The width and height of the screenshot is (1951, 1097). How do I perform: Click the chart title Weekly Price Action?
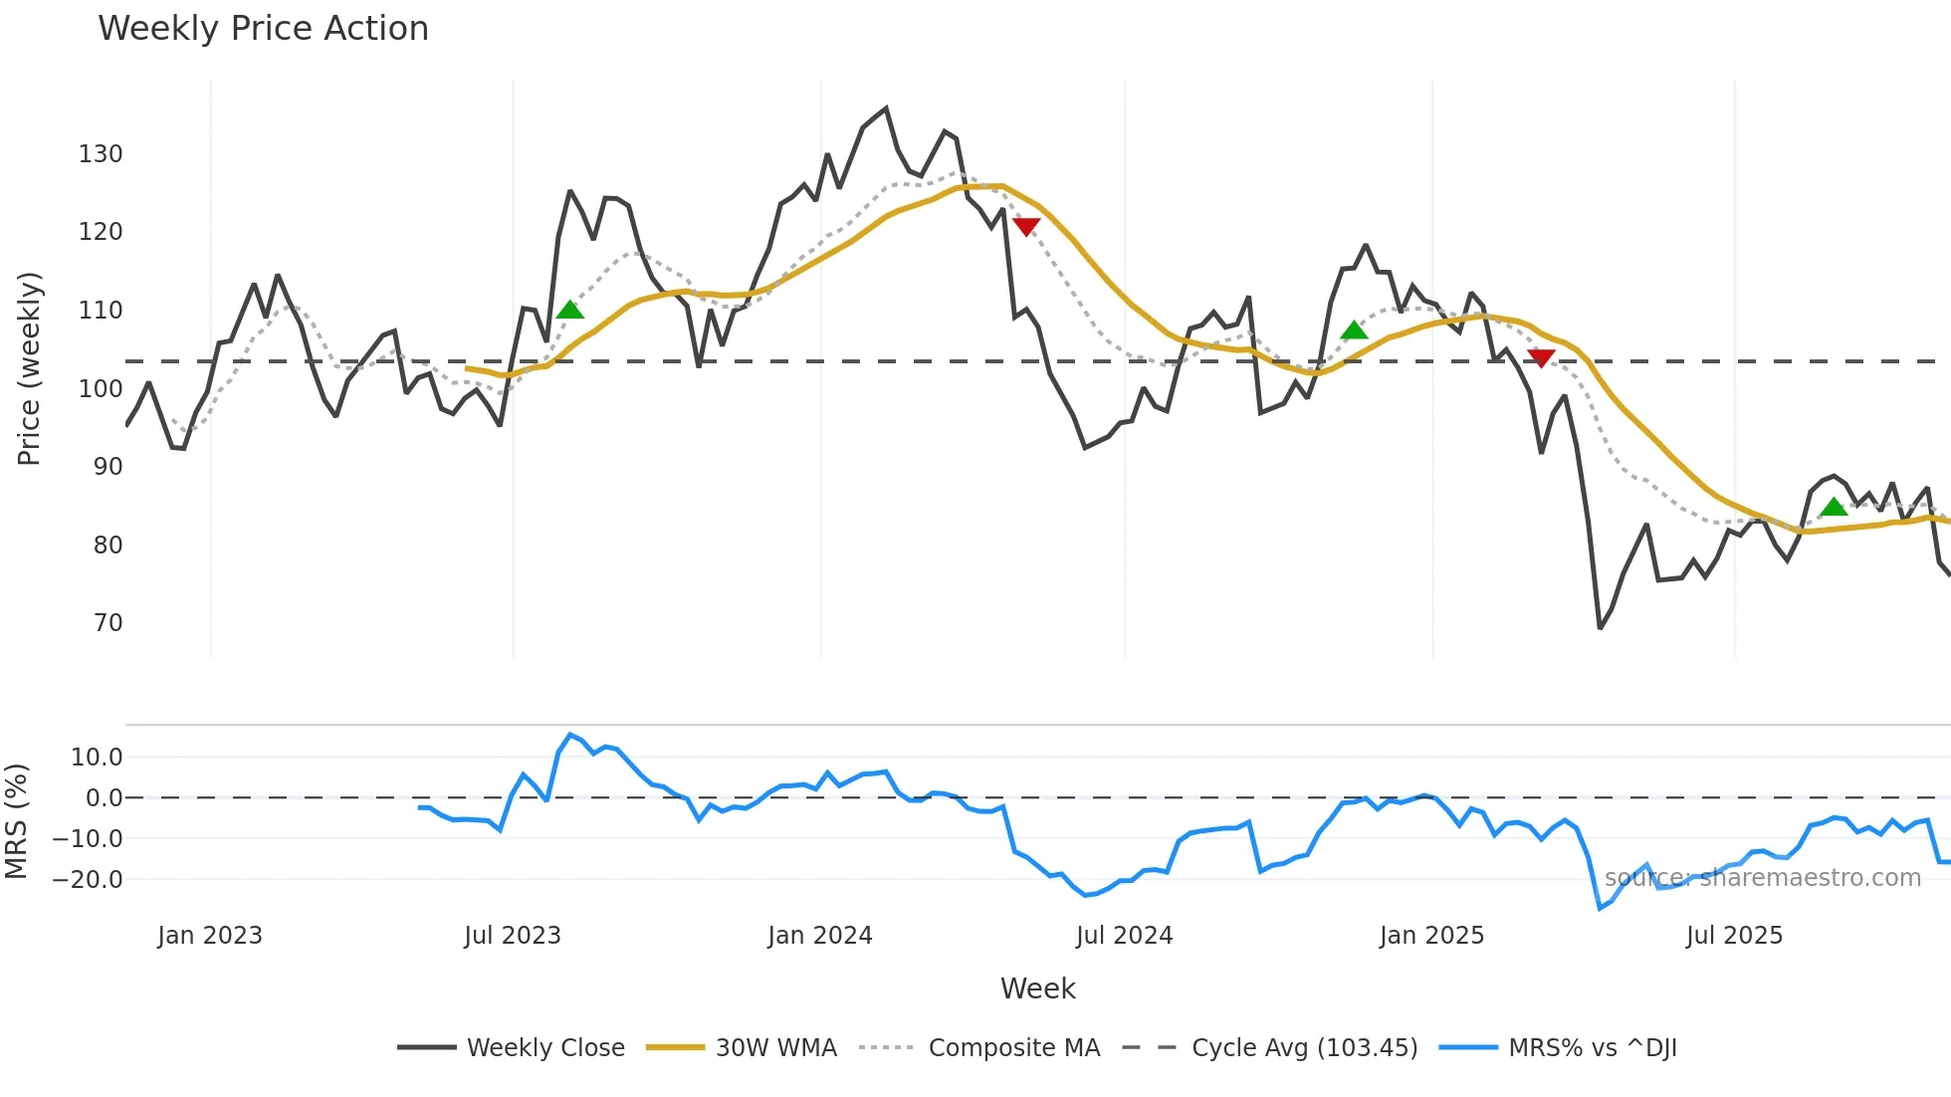[x=263, y=29]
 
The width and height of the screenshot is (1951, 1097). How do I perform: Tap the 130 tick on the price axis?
[x=101, y=154]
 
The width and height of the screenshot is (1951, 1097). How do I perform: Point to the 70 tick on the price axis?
[x=108, y=623]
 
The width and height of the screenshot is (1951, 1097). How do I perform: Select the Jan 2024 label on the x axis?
[x=819, y=936]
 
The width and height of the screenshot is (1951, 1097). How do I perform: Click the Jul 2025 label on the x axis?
[x=1734, y=936]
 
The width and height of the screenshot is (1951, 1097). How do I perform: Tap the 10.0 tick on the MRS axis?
[x=97, y=758]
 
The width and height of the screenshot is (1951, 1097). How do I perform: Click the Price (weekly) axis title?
[x=30, y=368]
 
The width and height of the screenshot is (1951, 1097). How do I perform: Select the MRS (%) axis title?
[x=17, y=821]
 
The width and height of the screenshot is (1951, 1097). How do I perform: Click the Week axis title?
[x=1037, y=988]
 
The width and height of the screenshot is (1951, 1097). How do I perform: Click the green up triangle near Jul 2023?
[x=569, y=311]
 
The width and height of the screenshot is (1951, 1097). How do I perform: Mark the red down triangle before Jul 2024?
[x=1025, y=226]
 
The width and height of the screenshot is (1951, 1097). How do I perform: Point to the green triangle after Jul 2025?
[x=1833, y=508]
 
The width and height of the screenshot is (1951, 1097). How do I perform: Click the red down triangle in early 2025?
[x=1540, y=358]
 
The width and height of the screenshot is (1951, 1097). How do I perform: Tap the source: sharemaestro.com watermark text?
[x=1762, y=878]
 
